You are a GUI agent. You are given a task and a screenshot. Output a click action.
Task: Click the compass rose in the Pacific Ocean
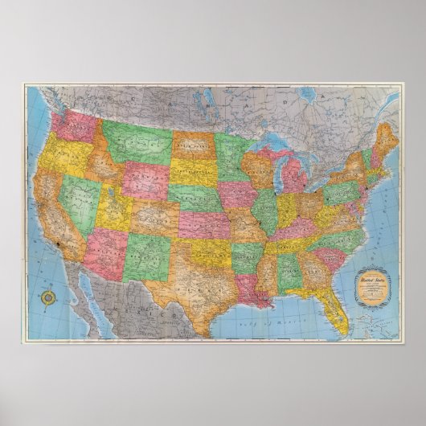click(49, 297)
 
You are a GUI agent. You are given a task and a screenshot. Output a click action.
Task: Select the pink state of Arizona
click(105, 250)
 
